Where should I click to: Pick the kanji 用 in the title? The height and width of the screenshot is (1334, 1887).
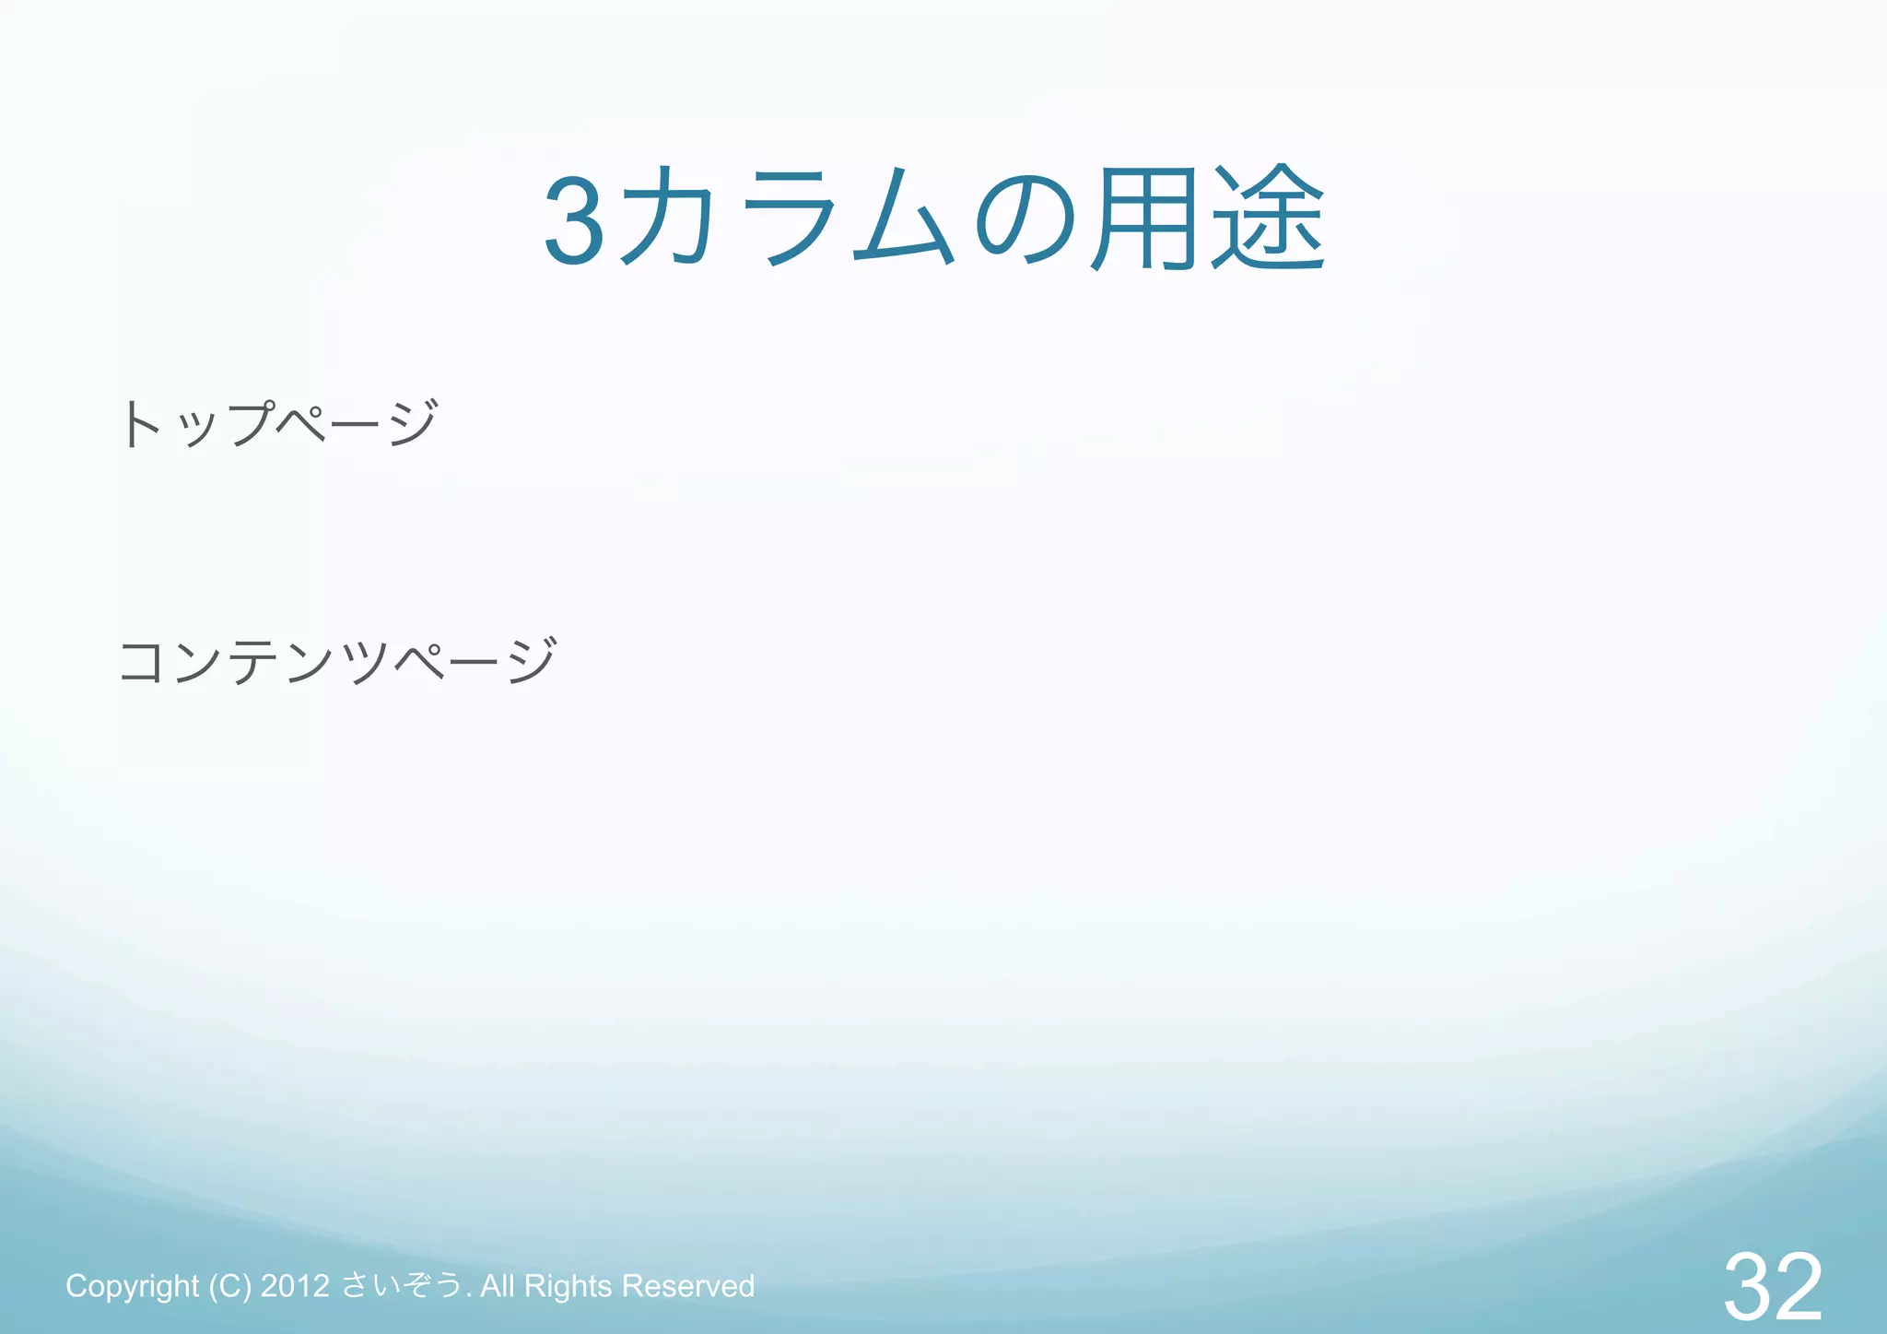(1143, 218)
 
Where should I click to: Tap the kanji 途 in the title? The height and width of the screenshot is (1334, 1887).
(1269, 218)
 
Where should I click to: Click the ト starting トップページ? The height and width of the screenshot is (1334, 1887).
(142, 424)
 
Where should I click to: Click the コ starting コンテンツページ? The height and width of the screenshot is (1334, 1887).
(142, 662)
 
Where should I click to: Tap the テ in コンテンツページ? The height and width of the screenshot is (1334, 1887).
(254, 662)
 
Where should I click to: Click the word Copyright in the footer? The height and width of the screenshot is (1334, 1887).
(132, 1286)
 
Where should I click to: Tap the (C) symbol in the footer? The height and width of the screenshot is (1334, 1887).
(229, 1286)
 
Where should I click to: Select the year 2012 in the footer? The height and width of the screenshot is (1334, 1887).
(295, 1286)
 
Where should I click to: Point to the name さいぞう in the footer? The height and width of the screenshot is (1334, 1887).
(402, 1285)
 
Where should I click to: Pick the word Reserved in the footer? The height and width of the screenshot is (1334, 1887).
(688, 1286)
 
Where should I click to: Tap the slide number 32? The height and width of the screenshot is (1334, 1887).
(1773, 1286)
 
